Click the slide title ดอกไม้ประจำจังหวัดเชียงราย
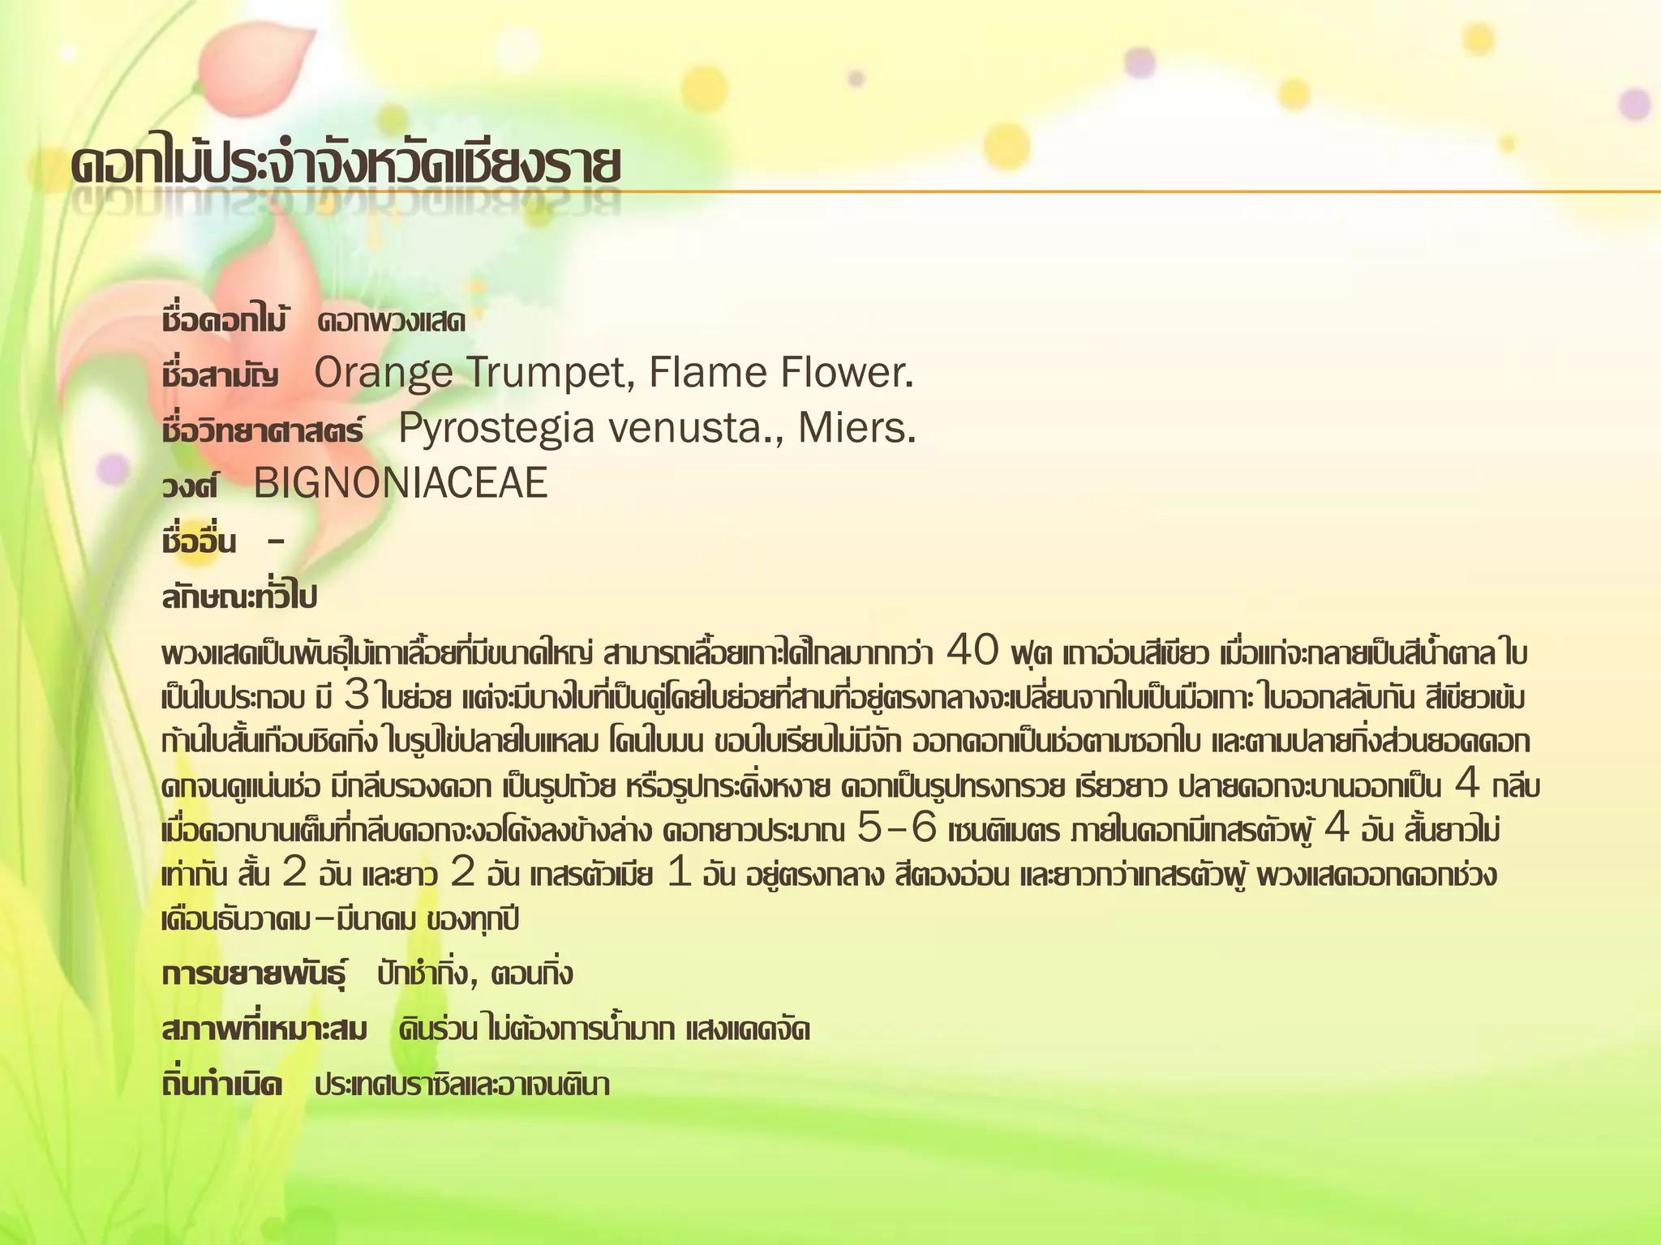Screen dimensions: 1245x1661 click(x=345, y=166)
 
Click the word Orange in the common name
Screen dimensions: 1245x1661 click(x=383, y=374)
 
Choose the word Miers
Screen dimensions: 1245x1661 click(x=856, y=429)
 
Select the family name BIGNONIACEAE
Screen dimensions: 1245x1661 click(x=401, y=484)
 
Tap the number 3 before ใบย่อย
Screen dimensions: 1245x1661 click(x=356, y=695)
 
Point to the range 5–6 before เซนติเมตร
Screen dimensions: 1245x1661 click(x=896, y=829)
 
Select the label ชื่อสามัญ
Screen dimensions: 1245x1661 click(x=221, y=376)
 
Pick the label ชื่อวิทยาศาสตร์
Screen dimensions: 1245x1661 click(x=263, y=430)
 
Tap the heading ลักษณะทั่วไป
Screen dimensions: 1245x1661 click(x=239, y=597)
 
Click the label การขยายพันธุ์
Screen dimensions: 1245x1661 click(x=254, y=974)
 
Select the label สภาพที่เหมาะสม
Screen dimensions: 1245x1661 click(x=264, y=1030)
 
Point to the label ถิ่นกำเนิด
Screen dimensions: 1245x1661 click(x=222, y=1085)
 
